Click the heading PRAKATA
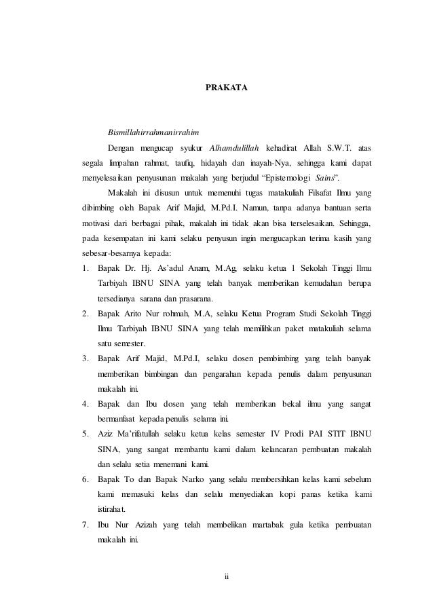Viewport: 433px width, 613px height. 227,88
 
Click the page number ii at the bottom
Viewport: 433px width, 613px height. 227,578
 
